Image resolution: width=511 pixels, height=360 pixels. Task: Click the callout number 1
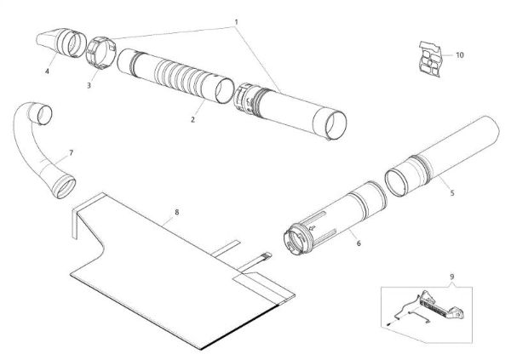(236, 20)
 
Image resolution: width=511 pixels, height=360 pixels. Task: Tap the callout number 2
(193, 119)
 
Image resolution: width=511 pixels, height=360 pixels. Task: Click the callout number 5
(451, 192)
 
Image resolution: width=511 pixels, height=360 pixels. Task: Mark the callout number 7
(71, 152)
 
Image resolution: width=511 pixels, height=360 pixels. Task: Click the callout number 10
(459, 54)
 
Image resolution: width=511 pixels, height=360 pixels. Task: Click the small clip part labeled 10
(432, 55)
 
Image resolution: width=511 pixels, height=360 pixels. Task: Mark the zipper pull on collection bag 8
(266, 254)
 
